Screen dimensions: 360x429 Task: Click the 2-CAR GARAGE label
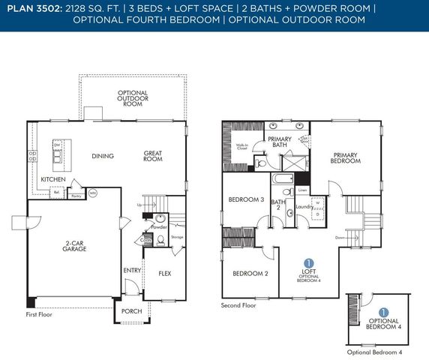[x=74, y=246]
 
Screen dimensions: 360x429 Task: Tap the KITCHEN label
[x=52, y=180]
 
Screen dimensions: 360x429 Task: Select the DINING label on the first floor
[x=102, y=157]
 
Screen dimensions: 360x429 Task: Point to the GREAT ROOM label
[x=153, y=156]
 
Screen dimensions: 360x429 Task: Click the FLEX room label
[x=164, y=274]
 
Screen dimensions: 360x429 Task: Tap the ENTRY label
[x=131, y=270]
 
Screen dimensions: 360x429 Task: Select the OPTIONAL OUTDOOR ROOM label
[x=132, y=98]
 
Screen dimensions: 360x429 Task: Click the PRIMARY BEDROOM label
[x=346, y=158]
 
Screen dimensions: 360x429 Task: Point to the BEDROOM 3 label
[x=246, y=199]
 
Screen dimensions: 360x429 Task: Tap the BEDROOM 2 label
[x=250, y=273]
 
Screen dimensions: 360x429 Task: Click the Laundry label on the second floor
[x=304, y=206]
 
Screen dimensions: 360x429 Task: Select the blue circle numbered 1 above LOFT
[x=309, y=262]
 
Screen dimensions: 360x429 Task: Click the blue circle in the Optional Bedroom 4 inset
[x=383, y=311]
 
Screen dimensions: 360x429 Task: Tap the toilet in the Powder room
[x=160, y=241]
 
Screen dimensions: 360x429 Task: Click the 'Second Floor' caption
[x=238, y=306]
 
